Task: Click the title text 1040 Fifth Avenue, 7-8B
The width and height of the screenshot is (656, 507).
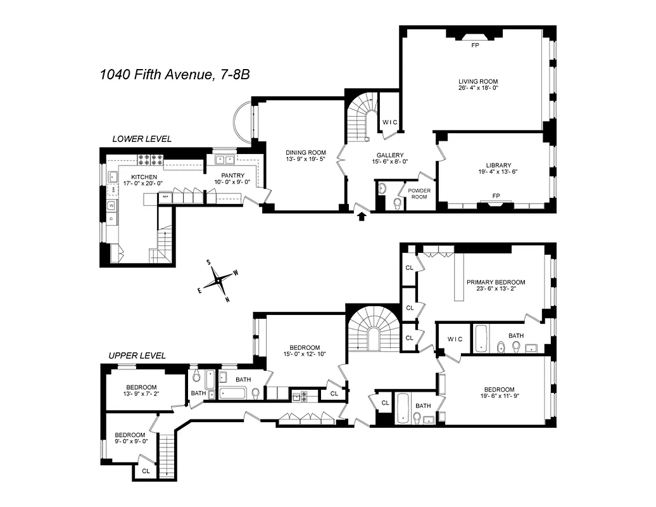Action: point(174,75)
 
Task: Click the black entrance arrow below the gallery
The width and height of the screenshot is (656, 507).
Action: point(362,217)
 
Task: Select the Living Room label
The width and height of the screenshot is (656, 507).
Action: point(478,82)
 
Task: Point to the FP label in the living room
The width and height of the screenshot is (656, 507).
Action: point(475,46)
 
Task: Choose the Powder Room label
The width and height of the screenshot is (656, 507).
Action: point(418,193)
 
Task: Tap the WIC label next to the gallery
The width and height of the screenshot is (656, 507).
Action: point(389,122)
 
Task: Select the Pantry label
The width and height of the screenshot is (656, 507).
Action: point(232,176)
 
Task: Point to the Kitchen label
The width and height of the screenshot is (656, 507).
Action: point(144,177)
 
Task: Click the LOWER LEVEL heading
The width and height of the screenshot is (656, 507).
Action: point(141,139)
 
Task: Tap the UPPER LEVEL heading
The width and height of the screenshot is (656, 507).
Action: point(137,356)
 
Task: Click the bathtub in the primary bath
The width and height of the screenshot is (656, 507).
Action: point(481,338)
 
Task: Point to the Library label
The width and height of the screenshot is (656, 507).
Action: point(495,166)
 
